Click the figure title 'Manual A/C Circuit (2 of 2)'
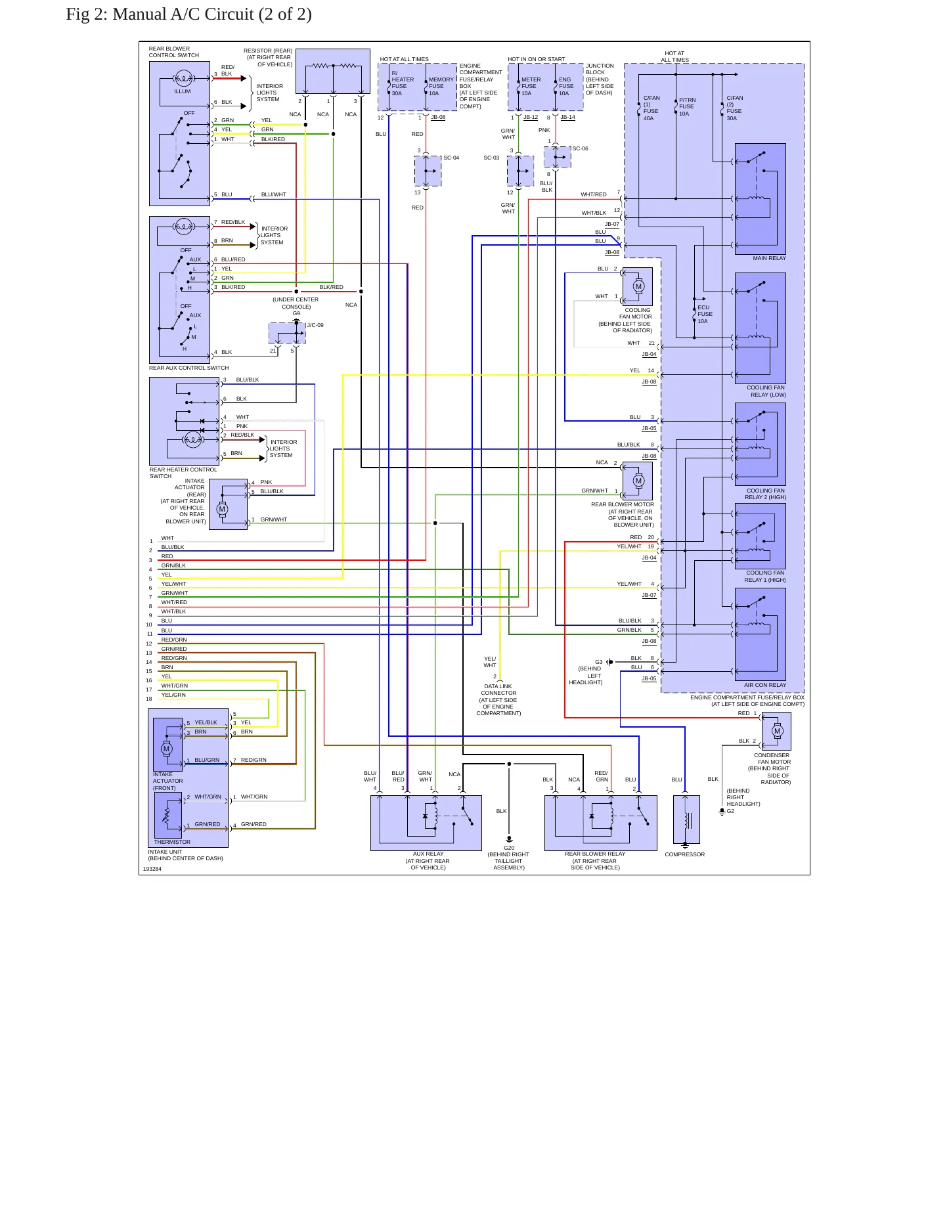tap(212, 14)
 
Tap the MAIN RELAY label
tap(769, 258)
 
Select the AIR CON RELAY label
tap(764, 685)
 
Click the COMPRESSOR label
tap(684, 854)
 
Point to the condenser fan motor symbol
tap(777, 731)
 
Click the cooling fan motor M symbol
tap(638, 286)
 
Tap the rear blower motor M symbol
tap(638, 481)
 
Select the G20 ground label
tap(509, 848)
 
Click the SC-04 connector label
tap(451, 158)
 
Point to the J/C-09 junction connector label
tap(315, 325)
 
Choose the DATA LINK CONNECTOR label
tap(498, 690)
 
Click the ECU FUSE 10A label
tap(704, 314)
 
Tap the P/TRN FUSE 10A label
tap(687, 107)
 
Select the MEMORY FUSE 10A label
tap(441, 86)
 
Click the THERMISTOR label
tap(172, 842)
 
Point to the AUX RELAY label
tap(428, 854)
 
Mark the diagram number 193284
tap(152, 869)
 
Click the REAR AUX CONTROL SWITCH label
tap(188, 368)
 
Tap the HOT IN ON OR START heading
tap(537, 59)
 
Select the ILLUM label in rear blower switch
tap(183, 91)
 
